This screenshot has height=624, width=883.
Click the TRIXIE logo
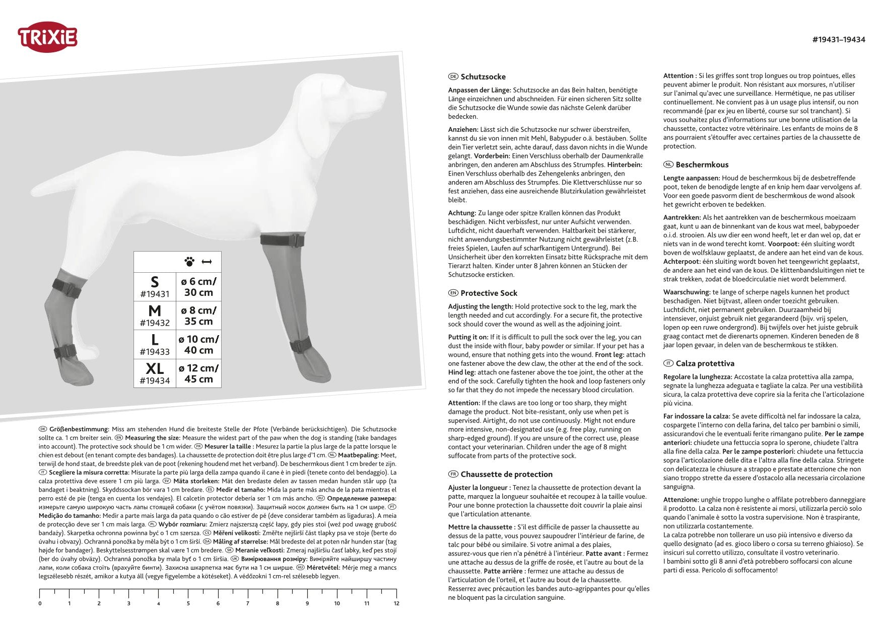coord(47,37)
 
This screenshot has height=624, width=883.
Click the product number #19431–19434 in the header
coord(839,40)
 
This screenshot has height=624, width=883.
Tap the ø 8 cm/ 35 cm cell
coord(198,316)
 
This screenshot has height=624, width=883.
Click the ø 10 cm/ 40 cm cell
coord(198,345)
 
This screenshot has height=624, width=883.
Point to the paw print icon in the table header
coord(189,262)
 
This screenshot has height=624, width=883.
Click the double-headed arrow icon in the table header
coord(207,262)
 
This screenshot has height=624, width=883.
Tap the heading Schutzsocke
coord(483,76)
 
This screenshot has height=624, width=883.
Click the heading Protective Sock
coord(489,293)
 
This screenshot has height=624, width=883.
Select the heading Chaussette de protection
coord(506,474)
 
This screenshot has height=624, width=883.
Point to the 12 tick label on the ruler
coord(396,603)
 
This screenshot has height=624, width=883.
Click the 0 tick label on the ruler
coord(40,603)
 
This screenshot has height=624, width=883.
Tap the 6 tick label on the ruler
coord(218,603)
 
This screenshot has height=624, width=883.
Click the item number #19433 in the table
coord(155,352)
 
